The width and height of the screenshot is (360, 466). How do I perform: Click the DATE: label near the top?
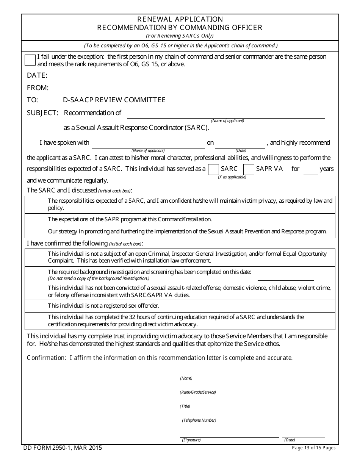point(37,75)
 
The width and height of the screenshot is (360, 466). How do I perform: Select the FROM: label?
point(38,88)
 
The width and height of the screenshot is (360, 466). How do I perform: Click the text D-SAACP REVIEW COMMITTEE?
point(114,100)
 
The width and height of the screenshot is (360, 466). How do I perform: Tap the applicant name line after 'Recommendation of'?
point(225,114)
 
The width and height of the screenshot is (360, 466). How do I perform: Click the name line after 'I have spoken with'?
point(148,144)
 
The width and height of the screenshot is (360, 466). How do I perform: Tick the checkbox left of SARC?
point(214,169)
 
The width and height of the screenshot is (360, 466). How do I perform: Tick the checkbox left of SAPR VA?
point(249,169)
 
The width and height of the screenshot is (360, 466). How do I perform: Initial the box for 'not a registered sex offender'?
point(35,306)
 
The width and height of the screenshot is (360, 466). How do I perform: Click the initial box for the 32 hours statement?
point(35,321)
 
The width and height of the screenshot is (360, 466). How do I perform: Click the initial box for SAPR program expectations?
point(35,219)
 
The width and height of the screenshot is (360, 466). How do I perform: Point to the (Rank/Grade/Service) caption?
point(198,393)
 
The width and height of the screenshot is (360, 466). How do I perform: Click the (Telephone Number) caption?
point(199,421)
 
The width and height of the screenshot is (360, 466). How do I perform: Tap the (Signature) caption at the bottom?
point(191,440)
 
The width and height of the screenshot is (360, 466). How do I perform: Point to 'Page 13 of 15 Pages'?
point(313,448)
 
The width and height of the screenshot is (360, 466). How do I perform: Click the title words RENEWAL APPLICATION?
point(180,19)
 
